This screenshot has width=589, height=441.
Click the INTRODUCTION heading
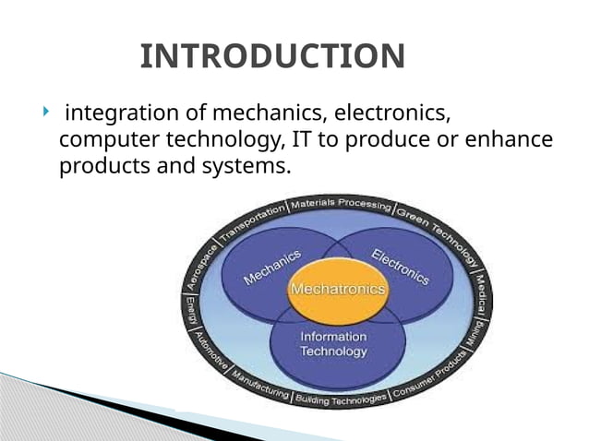(x=272, y=56)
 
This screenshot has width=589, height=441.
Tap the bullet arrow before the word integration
(x=44, y=113)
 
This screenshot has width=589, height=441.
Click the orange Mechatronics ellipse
(x=338, y=290)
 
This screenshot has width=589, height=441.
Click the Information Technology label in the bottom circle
(x=333, y=344)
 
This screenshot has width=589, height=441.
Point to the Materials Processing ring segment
(x=341, y=204)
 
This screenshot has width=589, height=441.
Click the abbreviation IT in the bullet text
(x=304, y=141)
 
